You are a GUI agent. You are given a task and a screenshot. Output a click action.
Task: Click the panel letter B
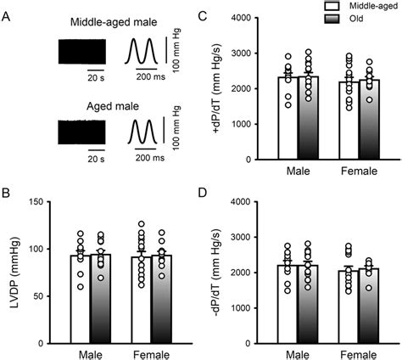click(x=7, y=193)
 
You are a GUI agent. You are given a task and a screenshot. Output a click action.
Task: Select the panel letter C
click(x=224, y=14)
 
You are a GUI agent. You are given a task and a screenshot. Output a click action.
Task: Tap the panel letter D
click(x=224, y=193)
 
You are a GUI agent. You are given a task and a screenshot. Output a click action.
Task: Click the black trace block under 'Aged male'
click(x=81, y=134)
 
